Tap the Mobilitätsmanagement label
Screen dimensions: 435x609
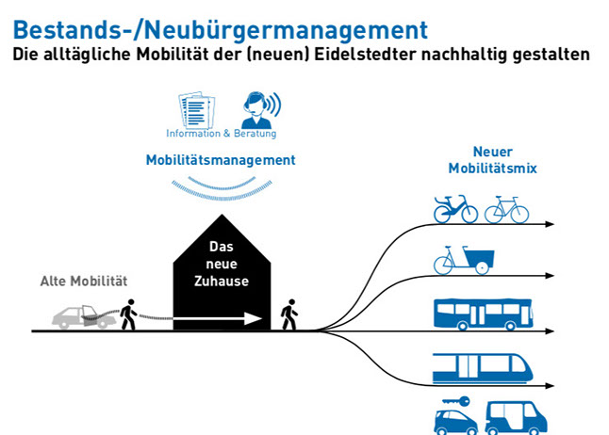click(x=220, y=160)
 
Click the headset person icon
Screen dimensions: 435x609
click(x=257, y=109)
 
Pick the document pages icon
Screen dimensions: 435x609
click(x=197, y=109)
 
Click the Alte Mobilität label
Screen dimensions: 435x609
click(x=83, y=281)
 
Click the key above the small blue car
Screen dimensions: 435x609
click(x=456, y=399)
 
